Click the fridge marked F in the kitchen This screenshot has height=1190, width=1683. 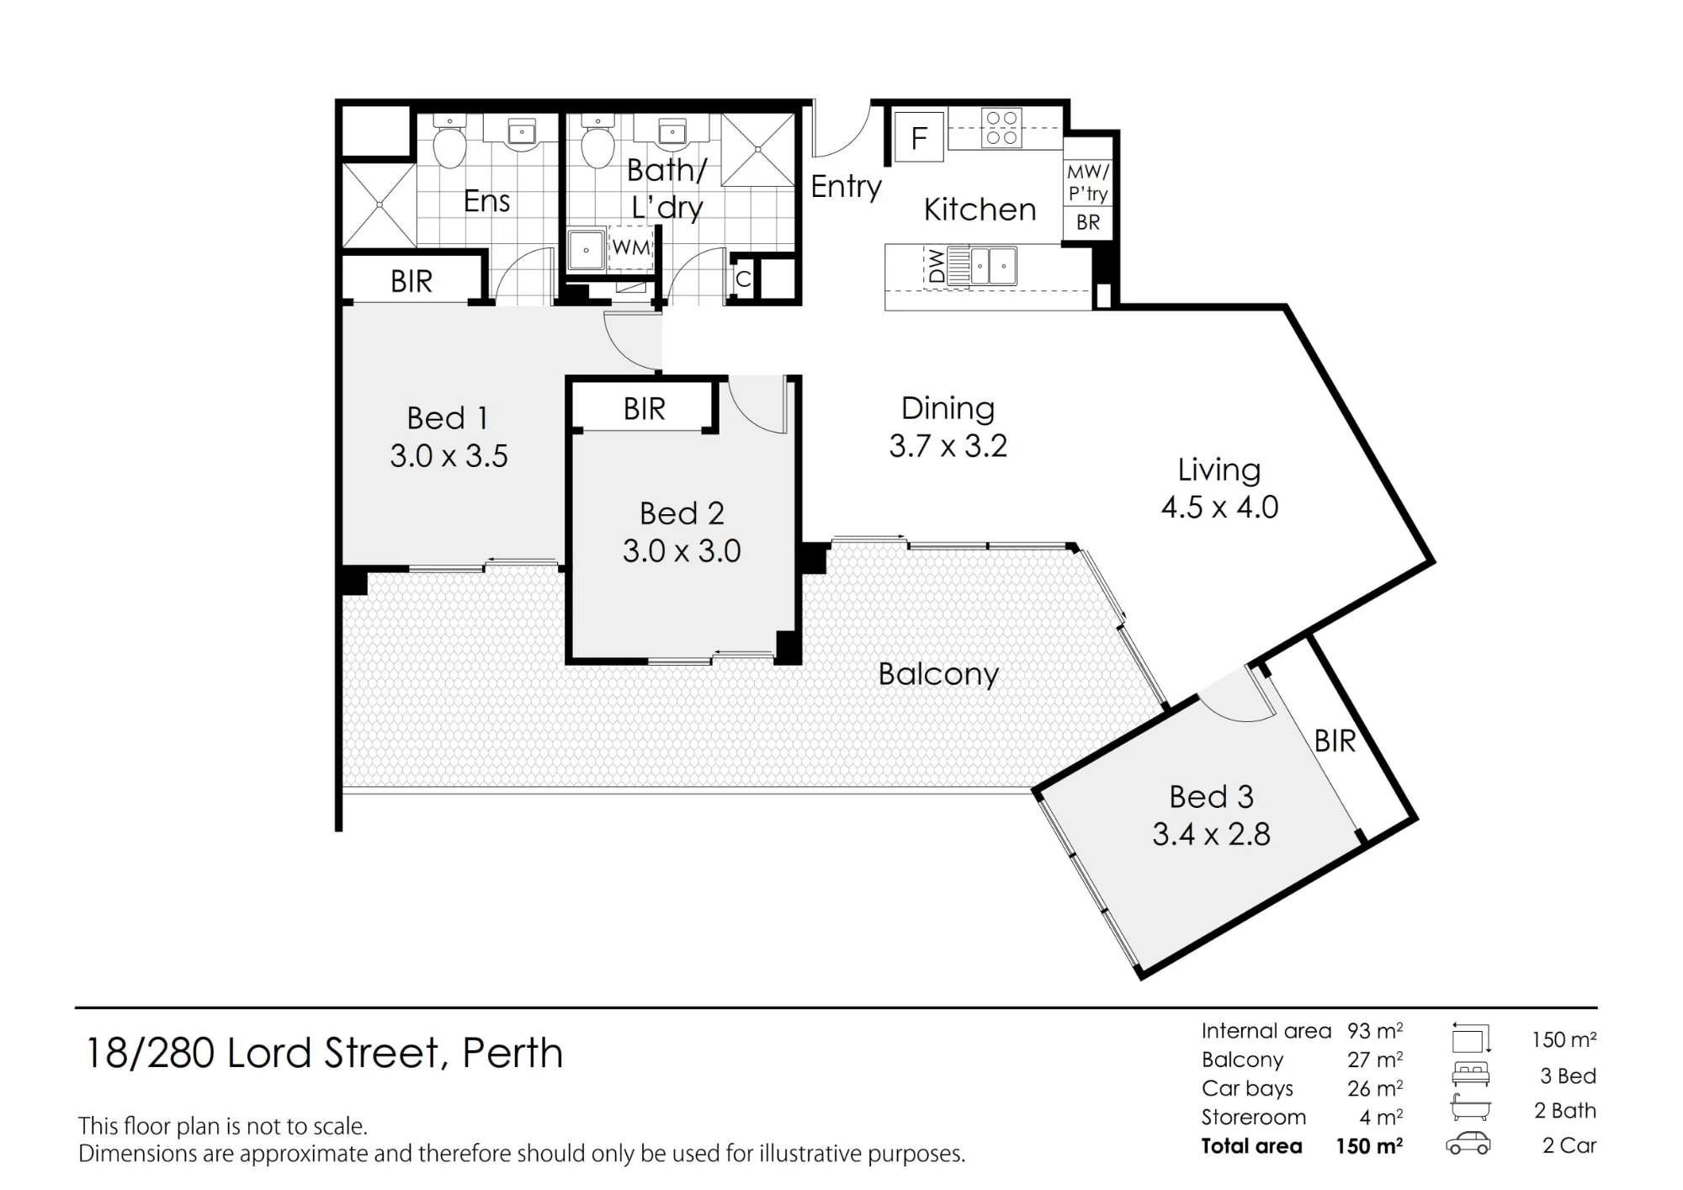tap(920, 137)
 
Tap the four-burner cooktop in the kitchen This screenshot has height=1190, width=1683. tap(1001, 128)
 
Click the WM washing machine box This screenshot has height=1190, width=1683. tap(631, 247)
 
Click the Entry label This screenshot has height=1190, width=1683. tap(846, 187)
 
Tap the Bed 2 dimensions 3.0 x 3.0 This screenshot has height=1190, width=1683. tap(682, 551)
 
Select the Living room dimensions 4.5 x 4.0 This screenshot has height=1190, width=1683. tap(1219, 507)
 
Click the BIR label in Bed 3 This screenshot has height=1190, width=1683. tap(1335, 741)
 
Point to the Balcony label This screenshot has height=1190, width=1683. tap(938, 674)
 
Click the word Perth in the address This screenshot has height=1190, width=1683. tap(512, 1053)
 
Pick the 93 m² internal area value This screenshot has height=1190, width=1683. tap(1375, 1031)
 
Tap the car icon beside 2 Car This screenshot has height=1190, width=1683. tap(1468, 1145)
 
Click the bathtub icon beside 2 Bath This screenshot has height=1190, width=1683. tap(1470, 1109)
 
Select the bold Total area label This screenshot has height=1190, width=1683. tap(1251, 1146)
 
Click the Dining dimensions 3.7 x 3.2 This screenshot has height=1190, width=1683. tap(948, 446)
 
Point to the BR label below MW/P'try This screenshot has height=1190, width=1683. tap(1088, 222)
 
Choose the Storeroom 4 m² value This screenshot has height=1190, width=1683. tap(1381, 1118)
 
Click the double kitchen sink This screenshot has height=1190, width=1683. tap(993, 266)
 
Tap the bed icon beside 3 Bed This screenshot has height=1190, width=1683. tap(1470, 1075)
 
